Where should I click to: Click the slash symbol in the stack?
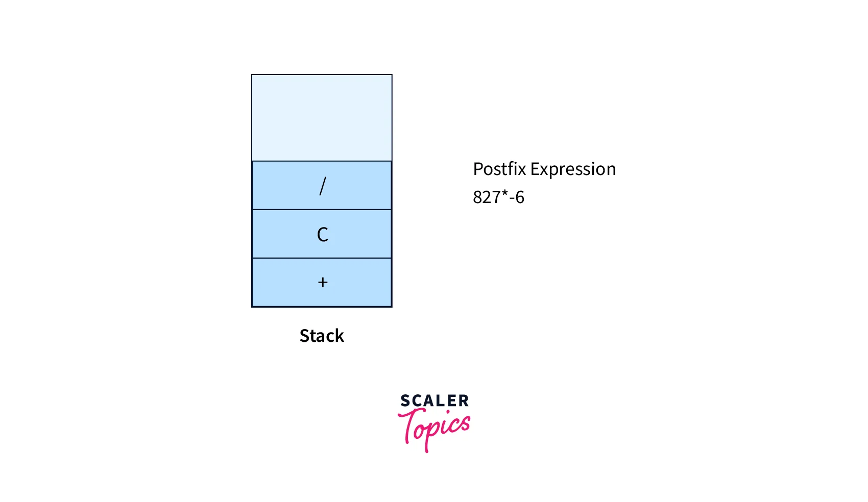pyautogui.click(x=322, y=186)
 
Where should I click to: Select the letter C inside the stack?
pyautogui.click(x=322, y=234)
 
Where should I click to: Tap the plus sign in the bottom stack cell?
pyautogui.click(x=322, y=282)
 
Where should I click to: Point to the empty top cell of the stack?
pyautogui.click(x=322, y=118)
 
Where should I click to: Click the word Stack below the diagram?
pyautogui.click(x=322, y=336)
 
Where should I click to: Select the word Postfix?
pyautogui.click(x=499, y=169)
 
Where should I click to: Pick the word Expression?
pyautogui.click(x=573, y=169)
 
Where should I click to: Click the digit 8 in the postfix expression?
pyautogui.click(x=477, y=197)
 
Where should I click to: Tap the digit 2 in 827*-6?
pyautogui.click(x=487, y=197)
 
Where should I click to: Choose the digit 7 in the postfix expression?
pyautogui.click(x=496, y=197)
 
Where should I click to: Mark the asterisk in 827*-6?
pyautogui.click(x=504, y=194)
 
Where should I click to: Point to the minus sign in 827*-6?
pyautogui.click(x=512, y=198)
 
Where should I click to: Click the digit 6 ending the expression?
pyautogui.click(x=520, y=197)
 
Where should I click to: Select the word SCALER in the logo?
pyautogui.click(x=434, y=401)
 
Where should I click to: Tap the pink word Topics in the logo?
pyautogui.click(x=435, y=428)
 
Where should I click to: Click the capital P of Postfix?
pyautogui.click(x=478, y=169)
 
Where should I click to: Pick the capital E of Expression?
pyautogui.click(x=535, y=169)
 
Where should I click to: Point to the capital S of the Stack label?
pyautogui.click(x=304, y=336)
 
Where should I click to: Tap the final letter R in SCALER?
pyautogui.click(x=464, y=401)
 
